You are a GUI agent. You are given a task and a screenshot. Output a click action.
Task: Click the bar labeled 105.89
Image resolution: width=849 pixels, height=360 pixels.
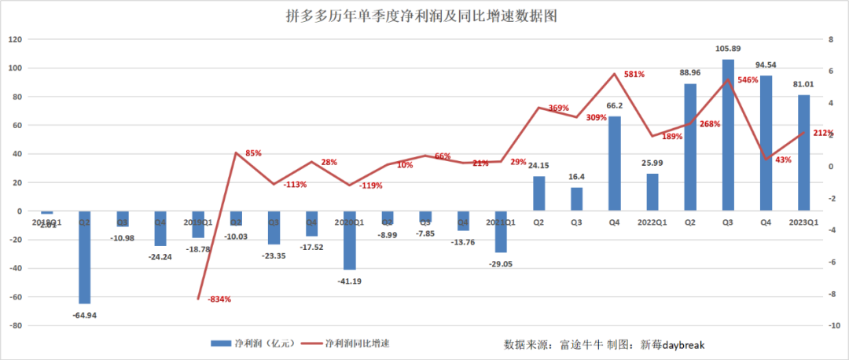tap(728, 135)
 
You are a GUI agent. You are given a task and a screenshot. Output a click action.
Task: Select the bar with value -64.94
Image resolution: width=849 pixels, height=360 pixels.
tap(84, 257)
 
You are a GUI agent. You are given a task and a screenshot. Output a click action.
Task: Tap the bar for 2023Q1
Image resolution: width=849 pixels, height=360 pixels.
tap(803, 153)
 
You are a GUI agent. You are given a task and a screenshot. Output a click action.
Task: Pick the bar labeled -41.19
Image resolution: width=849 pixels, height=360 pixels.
tap(349, 241)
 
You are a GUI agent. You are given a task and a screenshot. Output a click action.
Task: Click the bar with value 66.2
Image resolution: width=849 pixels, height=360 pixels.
tap(614, 163)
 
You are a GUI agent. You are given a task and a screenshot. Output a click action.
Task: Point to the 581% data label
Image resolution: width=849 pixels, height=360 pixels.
tap(634, 75)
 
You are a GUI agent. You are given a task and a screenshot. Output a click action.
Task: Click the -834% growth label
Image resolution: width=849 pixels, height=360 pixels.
tap(219, 299)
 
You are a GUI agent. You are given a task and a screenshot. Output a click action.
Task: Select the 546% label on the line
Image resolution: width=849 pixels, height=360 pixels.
tap(748, 80)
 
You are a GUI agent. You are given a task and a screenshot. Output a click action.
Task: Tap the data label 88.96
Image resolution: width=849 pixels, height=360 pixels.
tap(690, 72)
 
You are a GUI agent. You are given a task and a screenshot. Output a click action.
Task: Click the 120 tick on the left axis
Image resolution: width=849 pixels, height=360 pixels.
tap(16, 39)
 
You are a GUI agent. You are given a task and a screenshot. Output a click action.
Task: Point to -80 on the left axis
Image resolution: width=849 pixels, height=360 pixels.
tap(17, 325)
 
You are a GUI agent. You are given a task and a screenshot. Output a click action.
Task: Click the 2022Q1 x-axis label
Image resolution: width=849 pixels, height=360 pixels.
tap(652, 222)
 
